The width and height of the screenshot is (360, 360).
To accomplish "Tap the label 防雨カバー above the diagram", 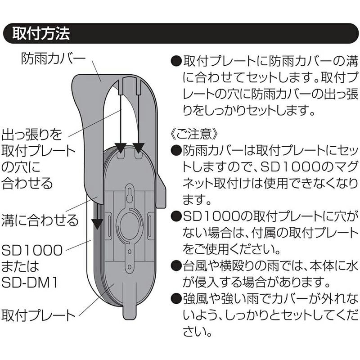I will (x=53, y=58).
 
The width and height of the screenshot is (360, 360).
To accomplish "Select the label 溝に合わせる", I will (x=40, y=221).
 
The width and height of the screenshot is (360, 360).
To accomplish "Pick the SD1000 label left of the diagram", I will (x=32, y=250).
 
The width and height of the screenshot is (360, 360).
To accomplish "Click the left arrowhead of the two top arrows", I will (x=121, y=147).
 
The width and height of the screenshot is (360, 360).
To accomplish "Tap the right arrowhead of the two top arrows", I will (x=138, y=147).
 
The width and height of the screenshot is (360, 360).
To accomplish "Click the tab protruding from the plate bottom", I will (x=129, y=310).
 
